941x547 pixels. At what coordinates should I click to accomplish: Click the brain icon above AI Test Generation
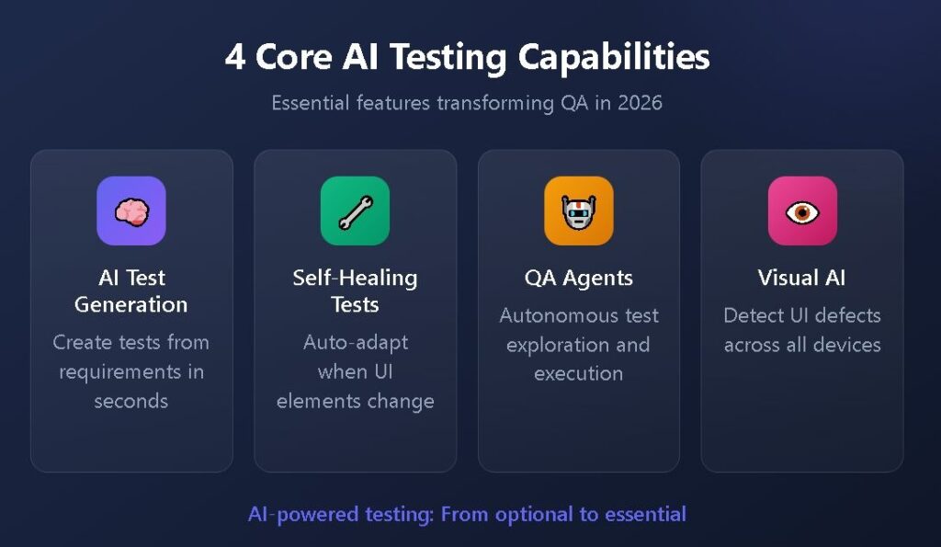131,211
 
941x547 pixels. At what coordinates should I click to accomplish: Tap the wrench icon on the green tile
355,211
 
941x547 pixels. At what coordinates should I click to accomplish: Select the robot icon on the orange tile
578,211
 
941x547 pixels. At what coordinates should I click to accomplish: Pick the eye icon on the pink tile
802,211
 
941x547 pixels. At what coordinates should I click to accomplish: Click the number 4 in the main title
235,57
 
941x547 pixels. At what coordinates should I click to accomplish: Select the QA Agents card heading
578,278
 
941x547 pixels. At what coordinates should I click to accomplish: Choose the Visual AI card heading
802,278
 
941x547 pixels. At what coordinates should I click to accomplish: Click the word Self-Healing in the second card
355,278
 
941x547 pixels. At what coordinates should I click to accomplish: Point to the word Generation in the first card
130,304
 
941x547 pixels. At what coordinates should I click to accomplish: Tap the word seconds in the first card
130,401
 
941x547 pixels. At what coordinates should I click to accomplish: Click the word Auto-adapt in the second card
355,343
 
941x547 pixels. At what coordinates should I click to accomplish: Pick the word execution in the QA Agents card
578,373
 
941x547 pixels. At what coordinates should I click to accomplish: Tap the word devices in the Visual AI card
850,345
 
